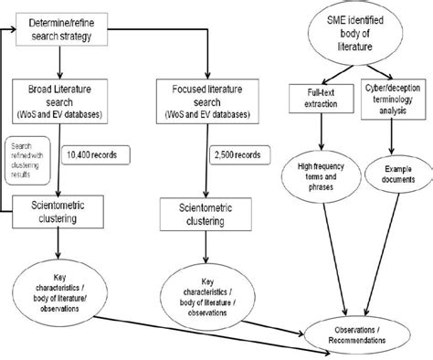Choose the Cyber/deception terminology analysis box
click(x=386, y=98)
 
